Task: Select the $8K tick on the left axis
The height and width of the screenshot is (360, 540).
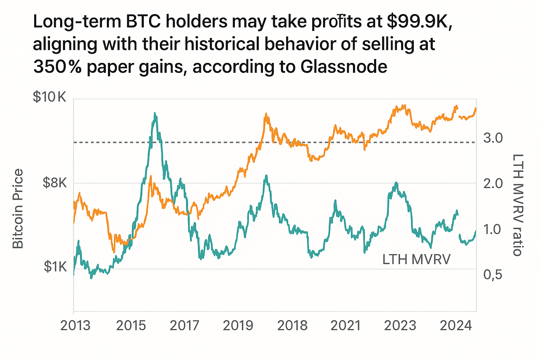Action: (x=54, y=183)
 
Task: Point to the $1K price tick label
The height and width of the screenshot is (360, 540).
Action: (x=55, y=267)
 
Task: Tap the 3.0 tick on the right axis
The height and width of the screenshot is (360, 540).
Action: (x=493, y=138)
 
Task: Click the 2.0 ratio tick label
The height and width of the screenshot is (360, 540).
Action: (x=493, y=183)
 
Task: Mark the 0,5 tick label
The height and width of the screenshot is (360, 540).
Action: (x=493, y=275)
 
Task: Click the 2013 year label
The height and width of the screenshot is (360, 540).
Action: (x=75, y=326)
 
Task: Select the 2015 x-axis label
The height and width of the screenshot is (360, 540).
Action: (x=131, y=326)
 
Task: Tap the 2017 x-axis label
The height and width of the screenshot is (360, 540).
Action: (x=185, y=326)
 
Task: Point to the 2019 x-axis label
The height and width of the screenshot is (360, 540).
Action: (x=238, y=326)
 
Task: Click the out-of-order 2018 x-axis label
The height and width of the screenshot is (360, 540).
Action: (x=292, y=326)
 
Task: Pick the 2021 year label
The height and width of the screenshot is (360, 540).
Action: (x=346, y=326)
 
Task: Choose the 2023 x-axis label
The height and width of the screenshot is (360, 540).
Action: (x=400, y=326)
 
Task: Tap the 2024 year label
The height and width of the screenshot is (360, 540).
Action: (x=456, y=326)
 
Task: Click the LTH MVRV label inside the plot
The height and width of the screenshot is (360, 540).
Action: (x=416, y=259)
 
